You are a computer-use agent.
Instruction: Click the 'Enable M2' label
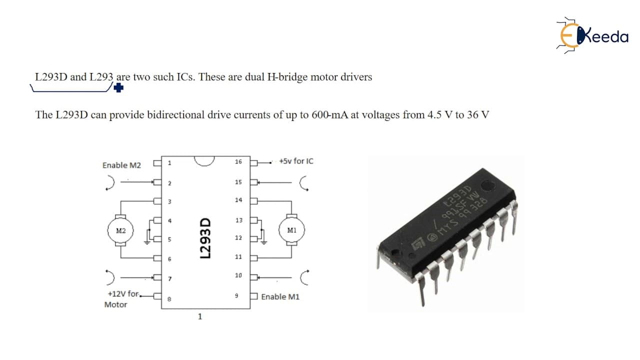(121, 165)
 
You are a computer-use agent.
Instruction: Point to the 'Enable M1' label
(280, 297)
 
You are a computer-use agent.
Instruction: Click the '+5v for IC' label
(296, 161)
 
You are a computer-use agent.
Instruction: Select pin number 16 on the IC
(238, 161)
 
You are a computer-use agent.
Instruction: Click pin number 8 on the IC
(169, 299)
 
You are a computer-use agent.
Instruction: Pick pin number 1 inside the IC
(169, 163)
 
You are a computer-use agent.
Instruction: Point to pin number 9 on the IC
(236, 295)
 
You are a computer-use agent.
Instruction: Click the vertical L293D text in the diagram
(205, 238)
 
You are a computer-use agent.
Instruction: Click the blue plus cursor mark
(118, 87)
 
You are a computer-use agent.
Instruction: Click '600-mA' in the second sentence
(329, 115)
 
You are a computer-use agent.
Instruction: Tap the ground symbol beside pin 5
(147, 242)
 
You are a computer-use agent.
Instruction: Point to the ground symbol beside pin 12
(264, 242)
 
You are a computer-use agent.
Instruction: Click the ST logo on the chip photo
(418, 244)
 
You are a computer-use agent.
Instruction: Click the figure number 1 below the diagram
(200, 316)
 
